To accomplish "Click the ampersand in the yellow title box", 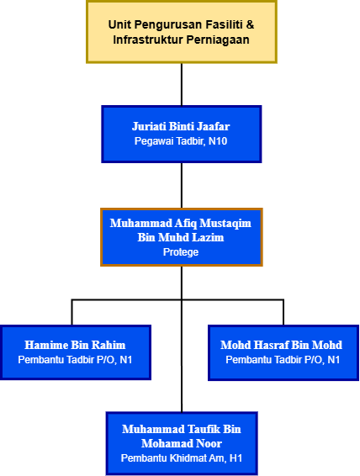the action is click(250, 24).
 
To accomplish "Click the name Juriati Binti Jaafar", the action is click(181, 126).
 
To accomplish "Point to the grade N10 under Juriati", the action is click(218, 141).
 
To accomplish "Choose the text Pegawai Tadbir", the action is click(170, 141).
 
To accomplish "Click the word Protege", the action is click(181, 252).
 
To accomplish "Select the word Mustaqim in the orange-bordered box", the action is click(225, 224).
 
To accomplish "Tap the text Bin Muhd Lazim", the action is click(181, 237).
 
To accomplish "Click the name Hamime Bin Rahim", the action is click(75, 345).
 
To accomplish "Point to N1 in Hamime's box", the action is click(126, 360).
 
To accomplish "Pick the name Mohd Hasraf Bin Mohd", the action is click(282, 345).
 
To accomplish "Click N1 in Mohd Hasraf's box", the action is click(334, 360).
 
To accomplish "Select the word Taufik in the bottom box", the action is click(204, 429).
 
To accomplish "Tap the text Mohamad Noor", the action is click(182, 443).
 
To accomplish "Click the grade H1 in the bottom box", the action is click(236, 458).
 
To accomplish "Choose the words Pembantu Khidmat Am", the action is click(173, 458).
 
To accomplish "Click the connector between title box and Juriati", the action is click(182, 84).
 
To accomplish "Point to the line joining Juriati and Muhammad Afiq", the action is click(182, 186).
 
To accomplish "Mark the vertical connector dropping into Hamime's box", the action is click(72, 312).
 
